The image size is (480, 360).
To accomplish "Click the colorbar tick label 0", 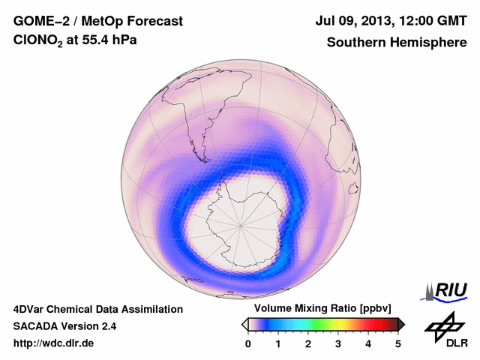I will click(248, 343).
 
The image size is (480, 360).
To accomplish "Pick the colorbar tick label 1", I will click(278, 343).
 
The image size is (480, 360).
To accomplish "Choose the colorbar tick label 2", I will click(308, 343).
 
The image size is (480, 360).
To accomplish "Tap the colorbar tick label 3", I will click(338, 343).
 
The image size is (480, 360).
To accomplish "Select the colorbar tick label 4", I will click(368, 343).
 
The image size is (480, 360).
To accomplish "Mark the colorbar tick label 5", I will click(398, 343).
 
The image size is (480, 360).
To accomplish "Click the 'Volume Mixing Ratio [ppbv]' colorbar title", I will click(320, 309).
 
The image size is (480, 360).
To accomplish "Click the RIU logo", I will click(445, 289).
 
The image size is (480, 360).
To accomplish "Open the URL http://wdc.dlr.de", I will click(54, 343).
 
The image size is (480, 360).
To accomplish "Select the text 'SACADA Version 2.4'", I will click(64, 326).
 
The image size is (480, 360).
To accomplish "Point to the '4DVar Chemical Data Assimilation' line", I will click(97, 309).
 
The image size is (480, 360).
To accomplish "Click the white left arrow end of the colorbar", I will click(245, 324).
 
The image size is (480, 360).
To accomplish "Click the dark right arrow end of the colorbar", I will click(401, 324).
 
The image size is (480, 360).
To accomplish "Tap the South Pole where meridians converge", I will click(241, 224).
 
